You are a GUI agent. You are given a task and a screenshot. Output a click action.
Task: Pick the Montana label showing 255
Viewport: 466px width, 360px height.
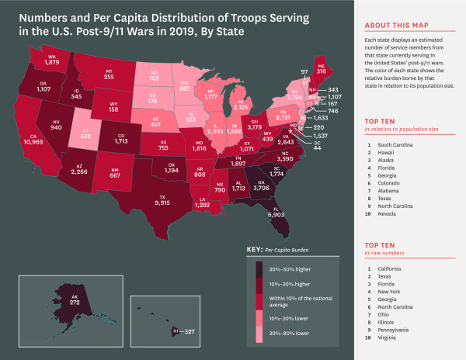click(x=108, y=77)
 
